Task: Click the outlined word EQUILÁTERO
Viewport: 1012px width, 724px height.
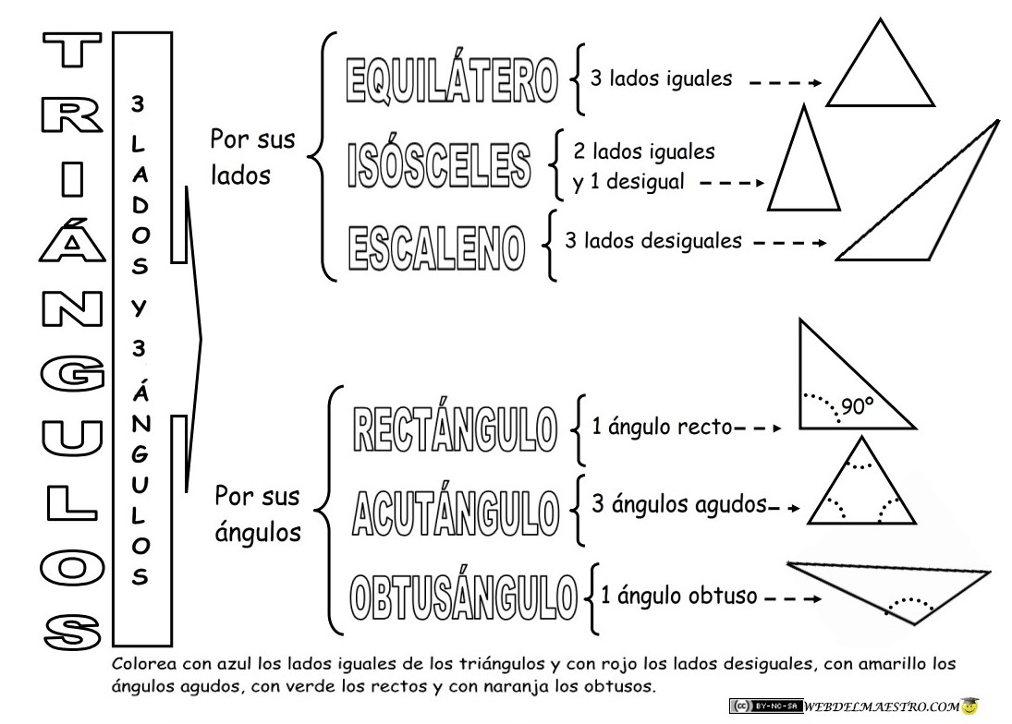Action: coord(451,80)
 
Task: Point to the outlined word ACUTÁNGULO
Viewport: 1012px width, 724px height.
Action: coord(455,509)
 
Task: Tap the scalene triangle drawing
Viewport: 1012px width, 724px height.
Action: coord(924,212)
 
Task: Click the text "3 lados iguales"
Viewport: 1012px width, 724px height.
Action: coord(661,79)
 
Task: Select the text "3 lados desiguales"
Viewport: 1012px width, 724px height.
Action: coord(652,242)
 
